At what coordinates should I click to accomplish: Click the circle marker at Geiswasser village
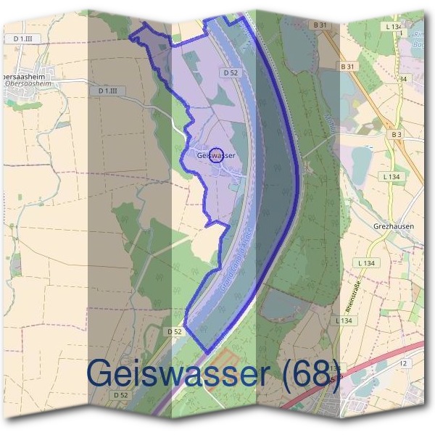pos(216,154)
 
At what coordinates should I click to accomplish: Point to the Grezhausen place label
pos(394,225)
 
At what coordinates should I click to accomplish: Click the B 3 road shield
pos(396,134)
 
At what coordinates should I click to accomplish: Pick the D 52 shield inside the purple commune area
pos(231,72)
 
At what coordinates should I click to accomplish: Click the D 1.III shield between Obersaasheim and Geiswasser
pos(112,91)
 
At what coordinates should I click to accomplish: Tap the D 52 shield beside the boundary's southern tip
pos(173,331)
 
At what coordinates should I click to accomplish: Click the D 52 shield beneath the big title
pos(120,395)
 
